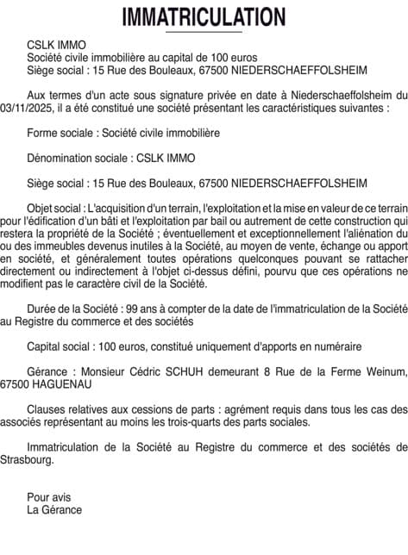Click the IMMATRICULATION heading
(x=204, y=16)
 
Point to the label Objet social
(x=54, y=208)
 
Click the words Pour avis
(x=48, y=496)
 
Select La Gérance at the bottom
(x=54, y=509)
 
